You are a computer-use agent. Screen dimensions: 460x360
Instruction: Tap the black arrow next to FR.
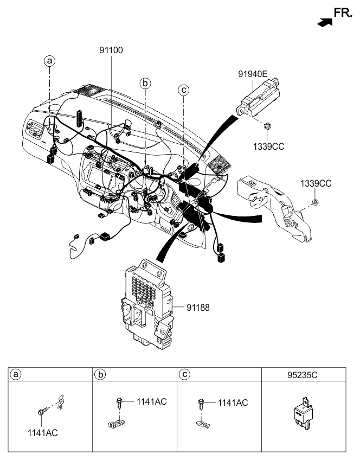tap(324, 22)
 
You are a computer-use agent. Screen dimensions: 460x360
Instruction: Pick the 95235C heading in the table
tap(304, 375)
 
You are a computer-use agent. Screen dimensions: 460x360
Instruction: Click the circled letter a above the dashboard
tap(50, 62)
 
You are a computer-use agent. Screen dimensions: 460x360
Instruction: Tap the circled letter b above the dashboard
tap(145, 83)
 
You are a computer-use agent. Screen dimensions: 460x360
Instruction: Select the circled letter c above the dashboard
tap(184, 90)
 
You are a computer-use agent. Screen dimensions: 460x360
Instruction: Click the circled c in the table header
tap(184, 375)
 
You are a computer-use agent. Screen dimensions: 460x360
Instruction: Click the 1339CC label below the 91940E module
tap(269, 146)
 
